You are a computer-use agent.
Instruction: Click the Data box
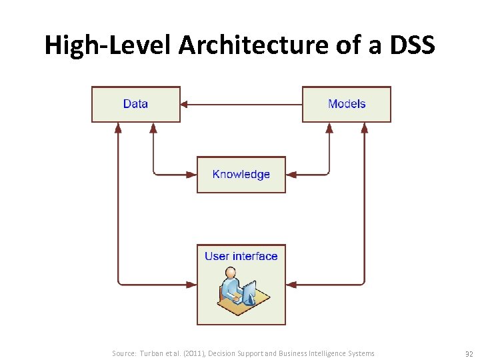coord(135,104)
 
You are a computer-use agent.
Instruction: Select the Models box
coord(347,104)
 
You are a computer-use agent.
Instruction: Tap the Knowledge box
coord(241,175)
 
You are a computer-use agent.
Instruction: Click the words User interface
coord(241,256)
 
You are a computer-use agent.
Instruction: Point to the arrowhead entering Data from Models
coord(185,104)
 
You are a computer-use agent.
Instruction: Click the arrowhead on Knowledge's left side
coord(192,175)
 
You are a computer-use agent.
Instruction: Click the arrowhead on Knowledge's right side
coord(291,175)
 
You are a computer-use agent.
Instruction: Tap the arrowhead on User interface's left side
coord(192,284)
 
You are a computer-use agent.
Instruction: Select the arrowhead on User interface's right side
coord(291,284)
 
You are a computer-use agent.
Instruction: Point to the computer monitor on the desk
coord(249,291)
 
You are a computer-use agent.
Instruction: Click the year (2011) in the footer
coord(189,353)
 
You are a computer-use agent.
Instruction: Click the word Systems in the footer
coord(361,353)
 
